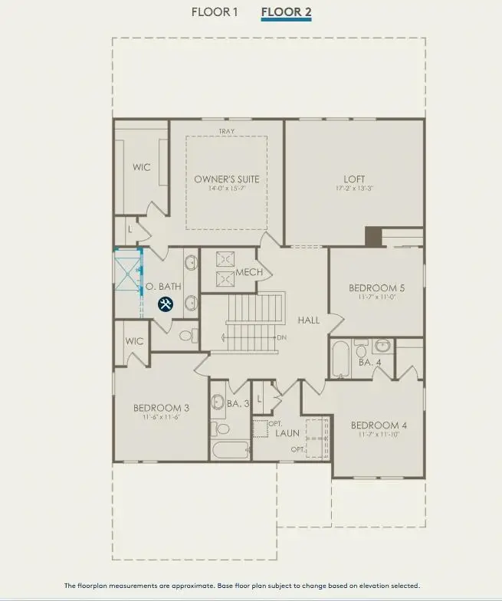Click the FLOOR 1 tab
tap(215, 12)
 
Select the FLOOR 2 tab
tap(286, 12)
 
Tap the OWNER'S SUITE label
tap(226, 179)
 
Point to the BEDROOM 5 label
tap(376, 288)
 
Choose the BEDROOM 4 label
tap(379, 425)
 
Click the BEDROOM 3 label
tap(161, 408)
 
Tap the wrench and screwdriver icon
tap(166, 304)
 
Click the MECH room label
tap(249, 272)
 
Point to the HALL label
tap(309, 320)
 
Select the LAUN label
tap(287, 433)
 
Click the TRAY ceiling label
tap(226, 132)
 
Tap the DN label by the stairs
tap(281, 337)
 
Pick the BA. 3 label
tap(238, 403)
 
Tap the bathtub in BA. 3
tap(230, 450)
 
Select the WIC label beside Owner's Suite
tap(142, 167)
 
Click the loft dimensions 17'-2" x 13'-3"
tap(354, 188)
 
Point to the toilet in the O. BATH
tap(185, 334)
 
